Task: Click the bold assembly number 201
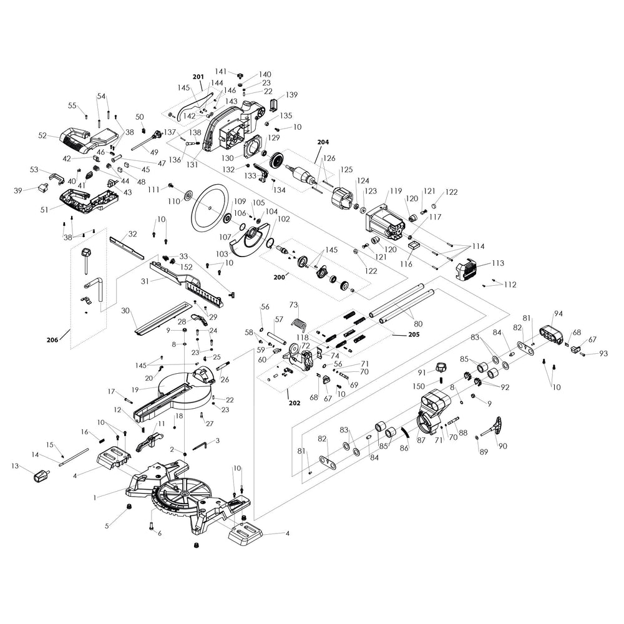click(198, 77)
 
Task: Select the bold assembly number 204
click(323, 142)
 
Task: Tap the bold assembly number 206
click(53, 340)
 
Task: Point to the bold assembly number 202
click(295, 402)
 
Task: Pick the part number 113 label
click(498, 263)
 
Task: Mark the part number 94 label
click(558, 313)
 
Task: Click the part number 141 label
click(222, 72)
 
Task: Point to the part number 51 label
click(44, 210)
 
